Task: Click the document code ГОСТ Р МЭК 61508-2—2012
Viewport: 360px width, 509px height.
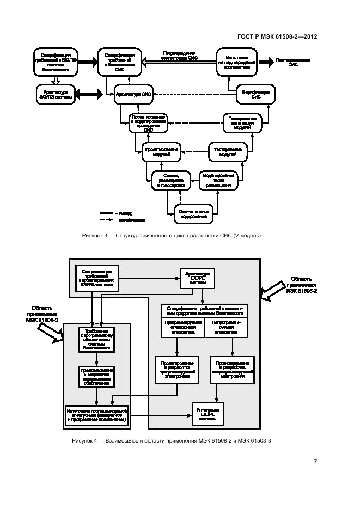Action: point(278,37)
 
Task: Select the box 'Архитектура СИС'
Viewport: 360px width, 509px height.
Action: point(133,94)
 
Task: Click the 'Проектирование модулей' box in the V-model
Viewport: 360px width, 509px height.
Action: point(161,151)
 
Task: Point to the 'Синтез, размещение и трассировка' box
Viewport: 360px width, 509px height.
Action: point(172,180)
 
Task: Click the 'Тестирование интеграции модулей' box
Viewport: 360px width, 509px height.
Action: point(242,124)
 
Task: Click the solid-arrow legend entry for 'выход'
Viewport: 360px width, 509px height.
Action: point(112,213)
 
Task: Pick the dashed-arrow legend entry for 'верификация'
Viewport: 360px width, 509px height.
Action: point(112,220)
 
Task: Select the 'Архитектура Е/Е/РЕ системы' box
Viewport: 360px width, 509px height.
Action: point(198,278)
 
